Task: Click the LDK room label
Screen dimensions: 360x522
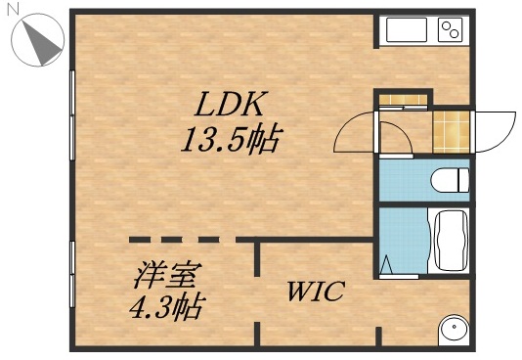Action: click(230, 103)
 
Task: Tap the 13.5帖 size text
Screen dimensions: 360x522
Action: click(230, 139)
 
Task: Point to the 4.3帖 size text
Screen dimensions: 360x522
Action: click(166, 309)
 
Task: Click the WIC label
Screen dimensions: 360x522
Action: click(314, 292)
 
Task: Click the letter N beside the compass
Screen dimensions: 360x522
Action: click(11, 7)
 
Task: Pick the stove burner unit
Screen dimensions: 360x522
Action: click(450, 30)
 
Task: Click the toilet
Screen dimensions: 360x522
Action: click(451, 180)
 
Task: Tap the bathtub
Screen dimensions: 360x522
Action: click(451, 241)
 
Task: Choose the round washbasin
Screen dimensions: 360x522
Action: click(453, 330)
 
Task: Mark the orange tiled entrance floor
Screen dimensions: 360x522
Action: click(451, 129)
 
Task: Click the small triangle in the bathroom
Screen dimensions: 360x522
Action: click(389, 264)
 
